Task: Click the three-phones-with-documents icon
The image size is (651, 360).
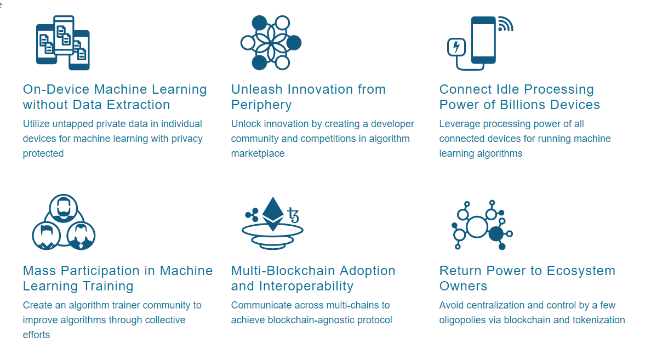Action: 63,43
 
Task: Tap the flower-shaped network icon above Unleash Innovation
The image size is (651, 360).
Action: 271,43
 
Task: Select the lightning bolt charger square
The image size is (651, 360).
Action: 456,47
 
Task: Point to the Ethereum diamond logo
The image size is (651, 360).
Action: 273,214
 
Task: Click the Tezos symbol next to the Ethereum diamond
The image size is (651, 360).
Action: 294,215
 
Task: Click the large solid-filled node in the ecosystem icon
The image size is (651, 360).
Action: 496,234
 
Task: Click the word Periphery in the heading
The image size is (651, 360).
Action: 261,105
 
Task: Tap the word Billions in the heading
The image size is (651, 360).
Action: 523,105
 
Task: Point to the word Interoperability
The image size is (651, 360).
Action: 306,286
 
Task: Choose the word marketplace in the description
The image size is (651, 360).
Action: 258,153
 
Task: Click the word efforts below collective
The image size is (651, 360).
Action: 36,335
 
